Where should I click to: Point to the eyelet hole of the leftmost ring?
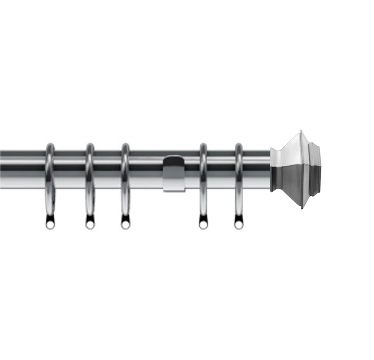50,225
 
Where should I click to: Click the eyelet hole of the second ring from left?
90,225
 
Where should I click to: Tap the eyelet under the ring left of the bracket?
125,225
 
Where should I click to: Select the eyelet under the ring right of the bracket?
203,225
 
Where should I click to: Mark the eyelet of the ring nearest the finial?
238,225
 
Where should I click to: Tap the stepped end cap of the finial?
315,169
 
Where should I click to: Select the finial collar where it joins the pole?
275,170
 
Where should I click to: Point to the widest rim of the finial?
302,169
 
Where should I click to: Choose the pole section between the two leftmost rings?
70,170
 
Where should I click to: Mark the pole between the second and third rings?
108,170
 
